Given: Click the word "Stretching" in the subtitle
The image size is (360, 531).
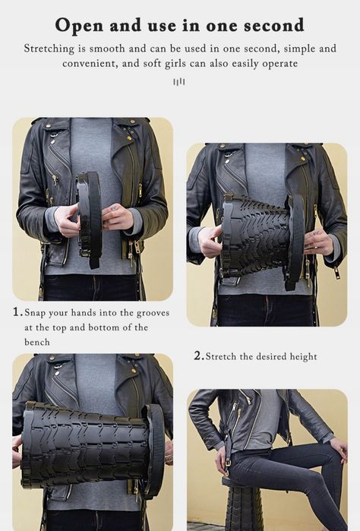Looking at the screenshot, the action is [49, 49].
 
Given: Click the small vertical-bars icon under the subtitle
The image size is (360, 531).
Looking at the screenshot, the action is [179, 81].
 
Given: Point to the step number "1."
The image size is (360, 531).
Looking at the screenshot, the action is [17, 312].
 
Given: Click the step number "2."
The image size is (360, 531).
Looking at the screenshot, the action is [199, 356].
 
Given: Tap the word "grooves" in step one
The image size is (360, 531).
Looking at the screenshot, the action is [153, 313].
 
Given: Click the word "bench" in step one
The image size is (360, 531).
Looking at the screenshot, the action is [37, 342].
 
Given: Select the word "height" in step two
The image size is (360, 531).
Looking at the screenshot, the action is [304, 357].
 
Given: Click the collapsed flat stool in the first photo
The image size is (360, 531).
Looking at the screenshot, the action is [90, 220].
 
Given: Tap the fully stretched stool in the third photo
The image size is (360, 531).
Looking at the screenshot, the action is [92, 447].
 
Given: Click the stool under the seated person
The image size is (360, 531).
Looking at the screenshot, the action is [243, 504].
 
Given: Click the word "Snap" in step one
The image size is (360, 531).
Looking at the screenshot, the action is [34, 312].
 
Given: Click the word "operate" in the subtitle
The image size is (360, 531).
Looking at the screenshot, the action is [280, 64].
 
